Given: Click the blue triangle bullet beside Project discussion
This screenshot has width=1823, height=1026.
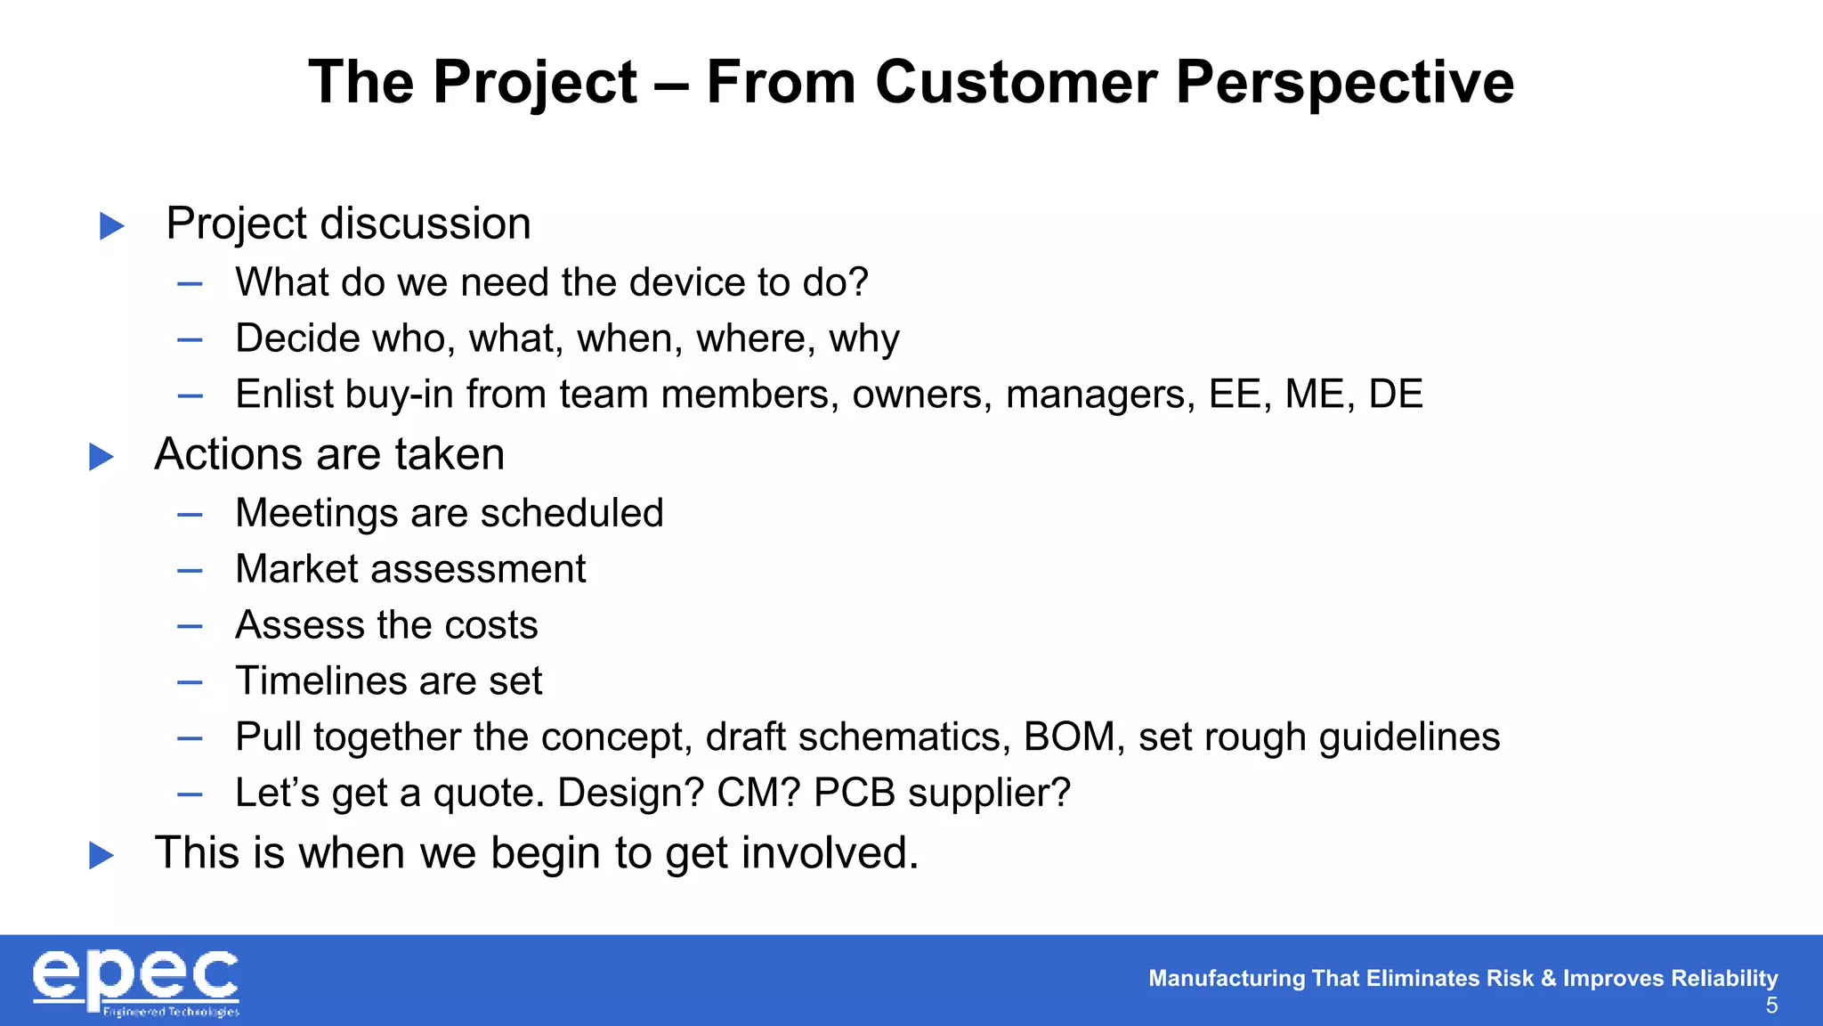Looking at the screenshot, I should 111,225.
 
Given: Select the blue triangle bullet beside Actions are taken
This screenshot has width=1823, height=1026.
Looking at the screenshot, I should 101,457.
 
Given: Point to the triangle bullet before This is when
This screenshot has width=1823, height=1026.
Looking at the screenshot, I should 101,856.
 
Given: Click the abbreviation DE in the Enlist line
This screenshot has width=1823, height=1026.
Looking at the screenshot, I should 1395,395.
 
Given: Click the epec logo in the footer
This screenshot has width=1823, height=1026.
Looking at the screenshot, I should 136,981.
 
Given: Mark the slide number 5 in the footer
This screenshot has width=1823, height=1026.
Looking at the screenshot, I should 1771,1006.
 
